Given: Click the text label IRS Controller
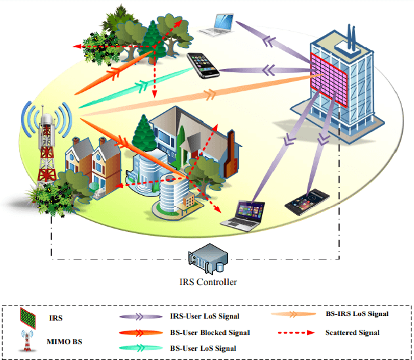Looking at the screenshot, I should click(x=208, y=282).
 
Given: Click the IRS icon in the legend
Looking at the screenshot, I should click(x=28, y=317).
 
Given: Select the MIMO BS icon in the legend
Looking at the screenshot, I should click(x=28, y=341).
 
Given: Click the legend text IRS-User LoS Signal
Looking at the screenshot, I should click(x=205, y=317).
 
